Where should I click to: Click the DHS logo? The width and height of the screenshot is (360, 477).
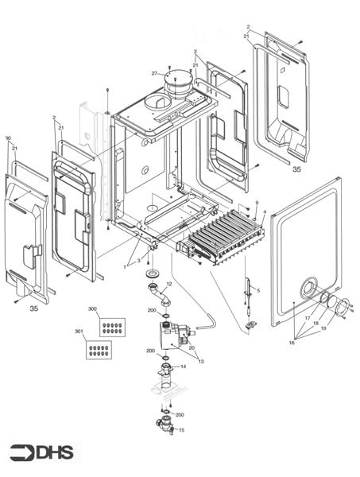tap(41, 453)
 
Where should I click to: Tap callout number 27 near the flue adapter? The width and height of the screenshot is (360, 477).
tap(155, 73)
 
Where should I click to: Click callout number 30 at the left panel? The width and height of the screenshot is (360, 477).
tap(8, 138)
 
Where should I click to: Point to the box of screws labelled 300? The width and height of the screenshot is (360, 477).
tap(112, 325)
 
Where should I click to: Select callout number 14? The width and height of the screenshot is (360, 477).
tap(184, 366)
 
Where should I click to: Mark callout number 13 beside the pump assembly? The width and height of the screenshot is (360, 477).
tap(201, 362)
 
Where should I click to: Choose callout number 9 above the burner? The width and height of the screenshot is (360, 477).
tap(257, 204)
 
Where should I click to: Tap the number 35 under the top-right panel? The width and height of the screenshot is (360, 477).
tap(296, 169)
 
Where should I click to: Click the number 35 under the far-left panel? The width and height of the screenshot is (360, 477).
tap(33, 308)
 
